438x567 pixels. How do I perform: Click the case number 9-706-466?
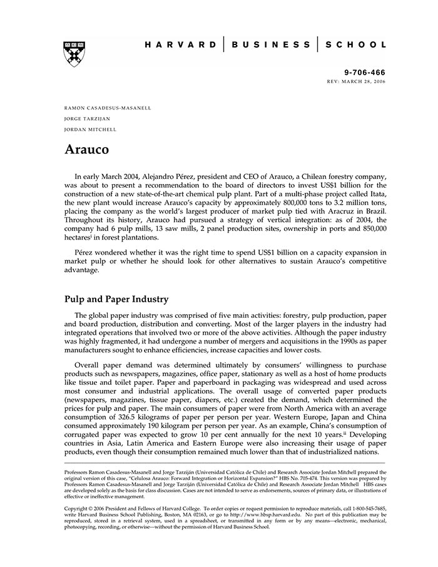pos(365,73)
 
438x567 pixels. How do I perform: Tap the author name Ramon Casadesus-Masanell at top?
pos(108,108)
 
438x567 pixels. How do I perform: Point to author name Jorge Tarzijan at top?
pos(87,118)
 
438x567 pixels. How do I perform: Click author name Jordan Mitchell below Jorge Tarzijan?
pos(91,130)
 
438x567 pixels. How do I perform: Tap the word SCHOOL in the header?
pos(355,45)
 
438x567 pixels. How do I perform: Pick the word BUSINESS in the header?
pos(270,45)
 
